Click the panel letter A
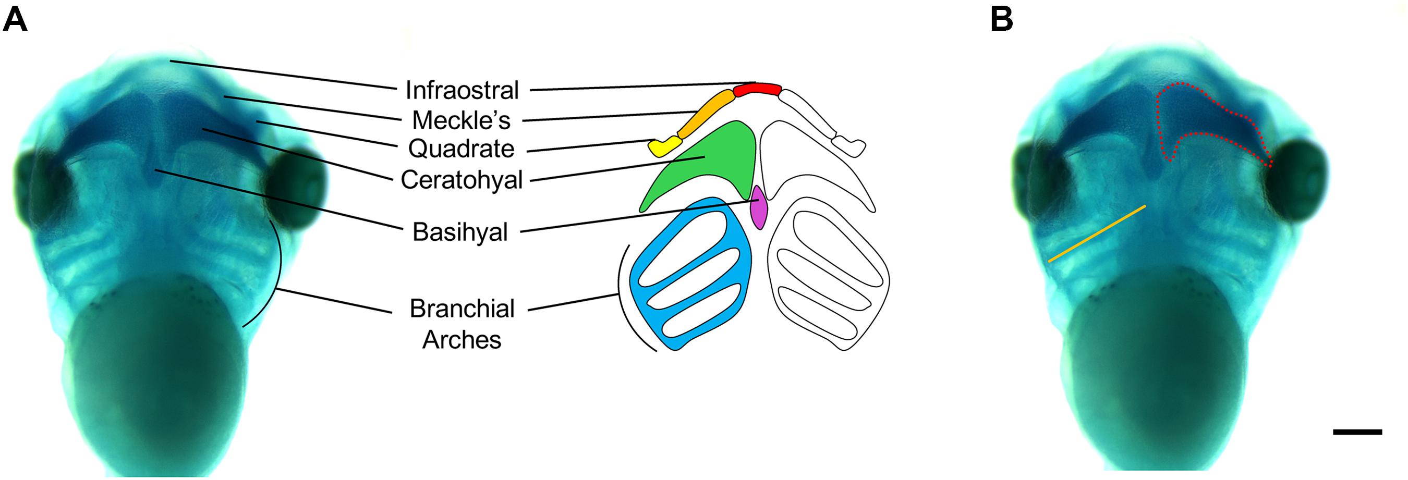pos(15,21)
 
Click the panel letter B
pos(1001,21)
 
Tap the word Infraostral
pos(462,90)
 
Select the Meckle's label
pos(462,120)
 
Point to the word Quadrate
pos(462,149)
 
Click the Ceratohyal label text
pos(462,180)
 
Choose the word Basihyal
pos(460,232)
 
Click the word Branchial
pos(463,309)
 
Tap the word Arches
pos(462,340)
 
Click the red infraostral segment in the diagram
pos(757,90)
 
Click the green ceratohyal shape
pos(711,164)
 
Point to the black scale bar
pos(1357,432)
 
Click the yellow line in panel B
pos(1096,233)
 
